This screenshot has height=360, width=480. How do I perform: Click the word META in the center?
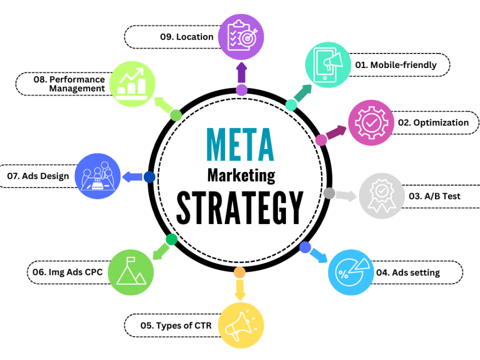[240, 144]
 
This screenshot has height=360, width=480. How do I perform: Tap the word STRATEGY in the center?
[240, 207]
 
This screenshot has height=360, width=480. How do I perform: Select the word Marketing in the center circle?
[241, 176]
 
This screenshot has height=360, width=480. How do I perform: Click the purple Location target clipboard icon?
[241, 36]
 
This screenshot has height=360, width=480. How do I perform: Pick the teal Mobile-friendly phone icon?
[328, 65]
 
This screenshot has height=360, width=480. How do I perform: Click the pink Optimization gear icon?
[371, 123]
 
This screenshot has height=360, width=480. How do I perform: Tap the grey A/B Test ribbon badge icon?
[381, 196]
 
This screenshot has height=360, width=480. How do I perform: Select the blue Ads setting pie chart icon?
[351, 272]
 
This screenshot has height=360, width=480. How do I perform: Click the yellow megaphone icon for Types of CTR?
[241, 325]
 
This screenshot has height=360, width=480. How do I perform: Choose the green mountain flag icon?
[130, 272]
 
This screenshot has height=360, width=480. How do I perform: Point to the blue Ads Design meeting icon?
[97, 176]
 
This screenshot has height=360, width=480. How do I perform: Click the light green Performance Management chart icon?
[132, 84]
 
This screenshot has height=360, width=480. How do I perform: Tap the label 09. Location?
[186, 36]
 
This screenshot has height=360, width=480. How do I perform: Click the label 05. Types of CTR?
[176, 325]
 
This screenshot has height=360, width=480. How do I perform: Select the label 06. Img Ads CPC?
[67, 272]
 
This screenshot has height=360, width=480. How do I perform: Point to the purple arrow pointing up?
[241, 72]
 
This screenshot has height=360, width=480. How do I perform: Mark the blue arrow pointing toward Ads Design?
[132, 176]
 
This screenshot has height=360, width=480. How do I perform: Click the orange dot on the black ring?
[239, 272]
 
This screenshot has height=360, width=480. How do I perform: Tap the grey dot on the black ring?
[329, 193]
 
